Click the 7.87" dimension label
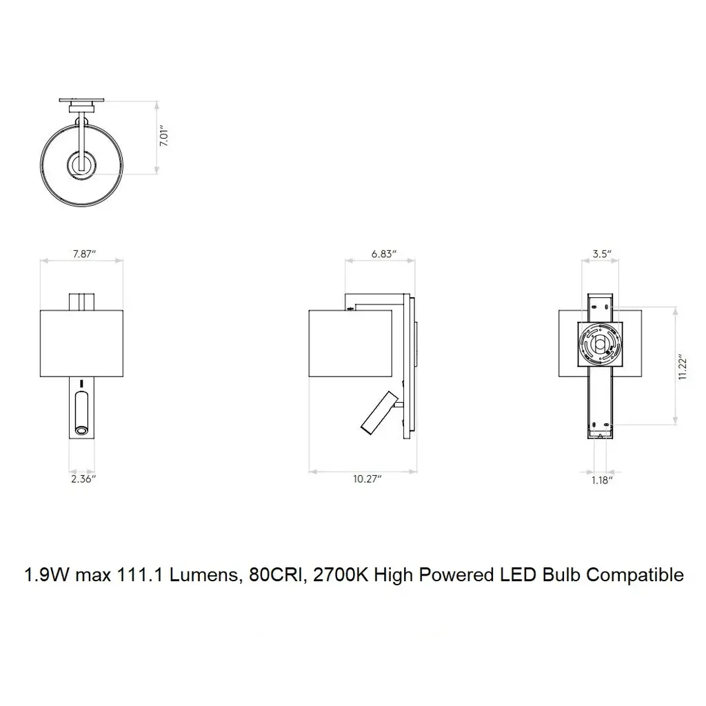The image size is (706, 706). click(x=84, y=254)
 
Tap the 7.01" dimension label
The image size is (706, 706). click(x=164, y=137)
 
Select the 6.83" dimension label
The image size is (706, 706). click(x=383, y=254)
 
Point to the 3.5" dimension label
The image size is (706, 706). click(x=601, y=254)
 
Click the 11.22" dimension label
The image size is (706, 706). click(x=683, y=367)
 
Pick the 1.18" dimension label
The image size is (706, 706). click(x=602, y=481)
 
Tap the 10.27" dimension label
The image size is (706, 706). click(x=367, y=478)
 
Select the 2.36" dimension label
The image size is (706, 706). click(x=83, y=478)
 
